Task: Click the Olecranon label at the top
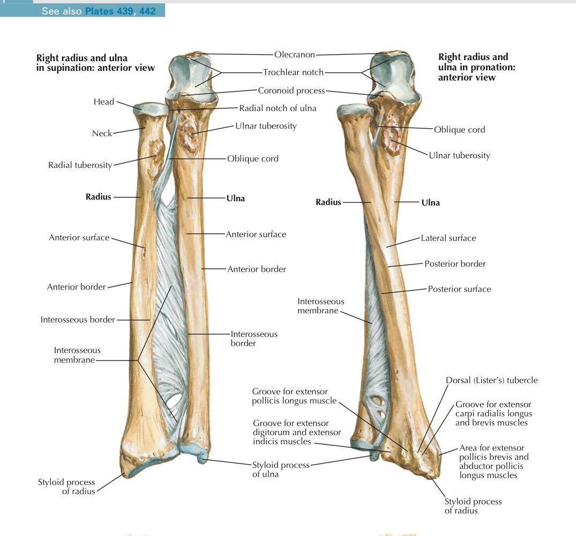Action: [295, 55]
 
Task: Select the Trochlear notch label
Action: [293, 72]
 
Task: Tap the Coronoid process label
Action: [291, 91]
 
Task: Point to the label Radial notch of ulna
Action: [278, 108]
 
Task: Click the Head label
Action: [104, 101]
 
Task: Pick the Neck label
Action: [102, 133]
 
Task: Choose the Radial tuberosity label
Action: [80, 165]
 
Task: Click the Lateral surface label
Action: [448, 238]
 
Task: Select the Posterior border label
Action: [455, 264]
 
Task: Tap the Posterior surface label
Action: [459, 289]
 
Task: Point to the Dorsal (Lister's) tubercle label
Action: [491, 380]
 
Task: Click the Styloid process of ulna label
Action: [281, 469]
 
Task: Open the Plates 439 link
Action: [110, 11]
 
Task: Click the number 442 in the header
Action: [148, 11]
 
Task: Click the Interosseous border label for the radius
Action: [78, 320]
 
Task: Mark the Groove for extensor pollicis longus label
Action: [294, 396]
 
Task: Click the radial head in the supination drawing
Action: [151, 109]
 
